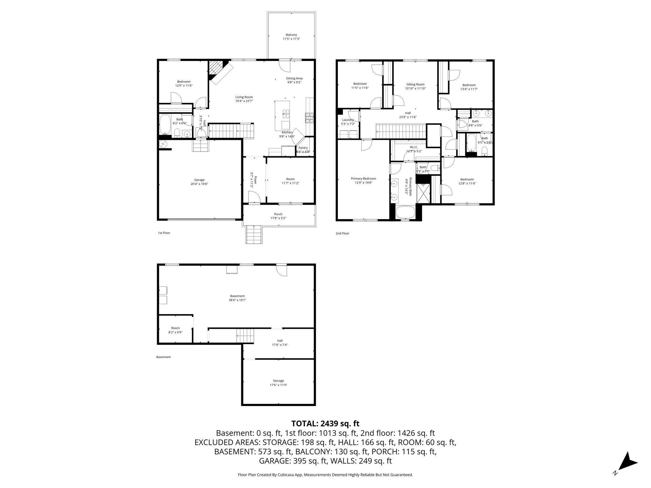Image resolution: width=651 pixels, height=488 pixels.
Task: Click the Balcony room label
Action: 291,35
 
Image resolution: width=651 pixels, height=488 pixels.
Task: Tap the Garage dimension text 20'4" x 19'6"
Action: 199,184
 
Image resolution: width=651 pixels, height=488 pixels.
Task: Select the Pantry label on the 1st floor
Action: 303,148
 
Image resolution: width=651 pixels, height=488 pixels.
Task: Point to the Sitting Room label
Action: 415,85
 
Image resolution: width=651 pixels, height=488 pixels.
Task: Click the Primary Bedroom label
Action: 363,179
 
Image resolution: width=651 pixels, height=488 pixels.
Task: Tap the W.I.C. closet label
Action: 414,147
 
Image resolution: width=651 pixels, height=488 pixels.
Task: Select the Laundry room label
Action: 348,120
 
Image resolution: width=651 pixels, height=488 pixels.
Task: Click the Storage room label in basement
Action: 278,381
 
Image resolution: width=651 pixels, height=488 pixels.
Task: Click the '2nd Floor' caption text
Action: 342,233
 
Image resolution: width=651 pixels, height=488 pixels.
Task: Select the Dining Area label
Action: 294,78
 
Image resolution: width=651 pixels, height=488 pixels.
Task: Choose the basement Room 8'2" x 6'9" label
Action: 175,328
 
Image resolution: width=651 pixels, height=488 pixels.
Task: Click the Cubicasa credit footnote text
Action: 325,475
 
